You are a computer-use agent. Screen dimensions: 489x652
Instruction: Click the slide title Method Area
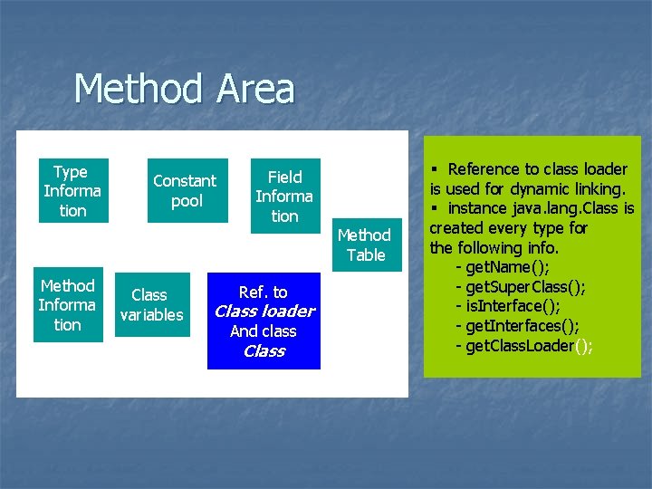click(184, 90)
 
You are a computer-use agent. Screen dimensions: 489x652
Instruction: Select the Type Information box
click(72, 191)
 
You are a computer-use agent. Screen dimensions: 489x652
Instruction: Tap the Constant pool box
click(186, 191)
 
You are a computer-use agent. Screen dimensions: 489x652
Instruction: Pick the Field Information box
click(284, 196)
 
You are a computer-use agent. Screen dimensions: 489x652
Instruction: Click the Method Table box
click(365, 245)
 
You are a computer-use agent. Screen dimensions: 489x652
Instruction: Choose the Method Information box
click(68, 305)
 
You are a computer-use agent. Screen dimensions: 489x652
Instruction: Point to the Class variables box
click(151, 305)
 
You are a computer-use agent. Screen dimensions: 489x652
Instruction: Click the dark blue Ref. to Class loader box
click(264, 321)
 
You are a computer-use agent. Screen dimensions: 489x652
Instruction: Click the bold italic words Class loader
click(264, 312)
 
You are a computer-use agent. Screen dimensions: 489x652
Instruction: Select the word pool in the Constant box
click(187, 201)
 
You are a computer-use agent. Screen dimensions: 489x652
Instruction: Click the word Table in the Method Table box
click(366, 255)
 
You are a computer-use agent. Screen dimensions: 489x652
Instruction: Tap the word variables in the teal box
click(152, 315)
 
